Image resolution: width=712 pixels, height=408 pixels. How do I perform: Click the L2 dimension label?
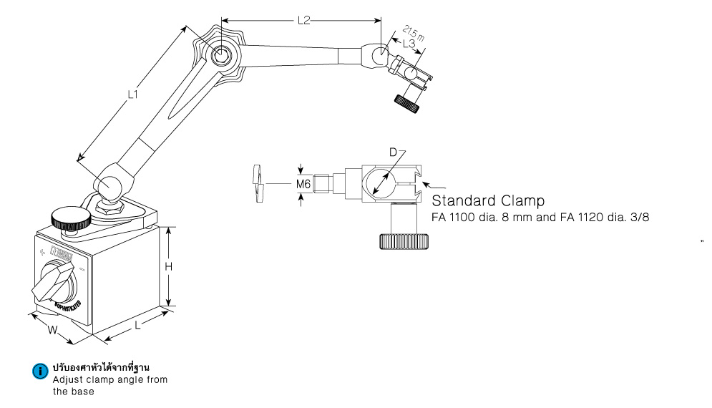click(303, 21)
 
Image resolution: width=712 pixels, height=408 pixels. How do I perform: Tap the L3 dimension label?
click(409, 44)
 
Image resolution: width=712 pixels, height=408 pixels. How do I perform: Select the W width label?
click(52, 331)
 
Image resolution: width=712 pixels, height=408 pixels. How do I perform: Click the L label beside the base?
click(137, 325)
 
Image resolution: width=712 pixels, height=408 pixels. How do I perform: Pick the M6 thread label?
click(304, 185)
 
